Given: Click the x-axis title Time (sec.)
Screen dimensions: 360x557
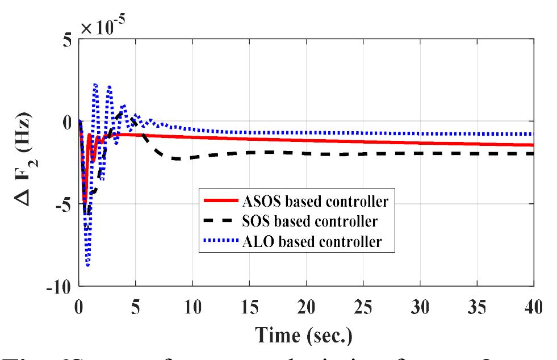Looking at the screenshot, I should pyautogui.click(x=306, y=335).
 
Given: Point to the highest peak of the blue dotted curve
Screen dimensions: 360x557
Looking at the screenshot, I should pyautogui.click(x=95, y=84).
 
